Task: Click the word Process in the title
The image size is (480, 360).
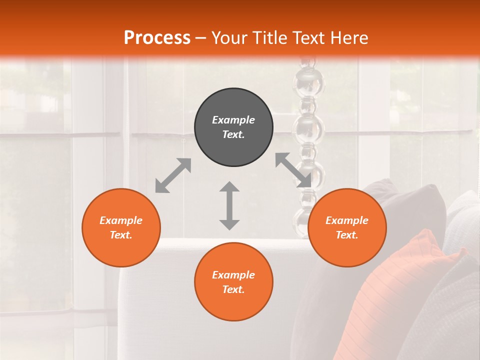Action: click(157, 38)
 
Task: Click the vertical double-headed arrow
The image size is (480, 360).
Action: click(229, 205)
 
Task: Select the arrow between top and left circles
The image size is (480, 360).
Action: click(173, 175)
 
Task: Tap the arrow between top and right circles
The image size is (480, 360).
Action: click(293, 170)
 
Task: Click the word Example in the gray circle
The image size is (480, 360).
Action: click(233, 120)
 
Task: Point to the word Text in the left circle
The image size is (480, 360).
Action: click(120, 235)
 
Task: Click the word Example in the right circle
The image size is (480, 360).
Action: click(347, 220)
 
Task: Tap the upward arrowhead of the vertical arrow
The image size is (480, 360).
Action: click(229, 187)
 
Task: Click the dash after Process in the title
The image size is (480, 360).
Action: click(200, 38)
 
